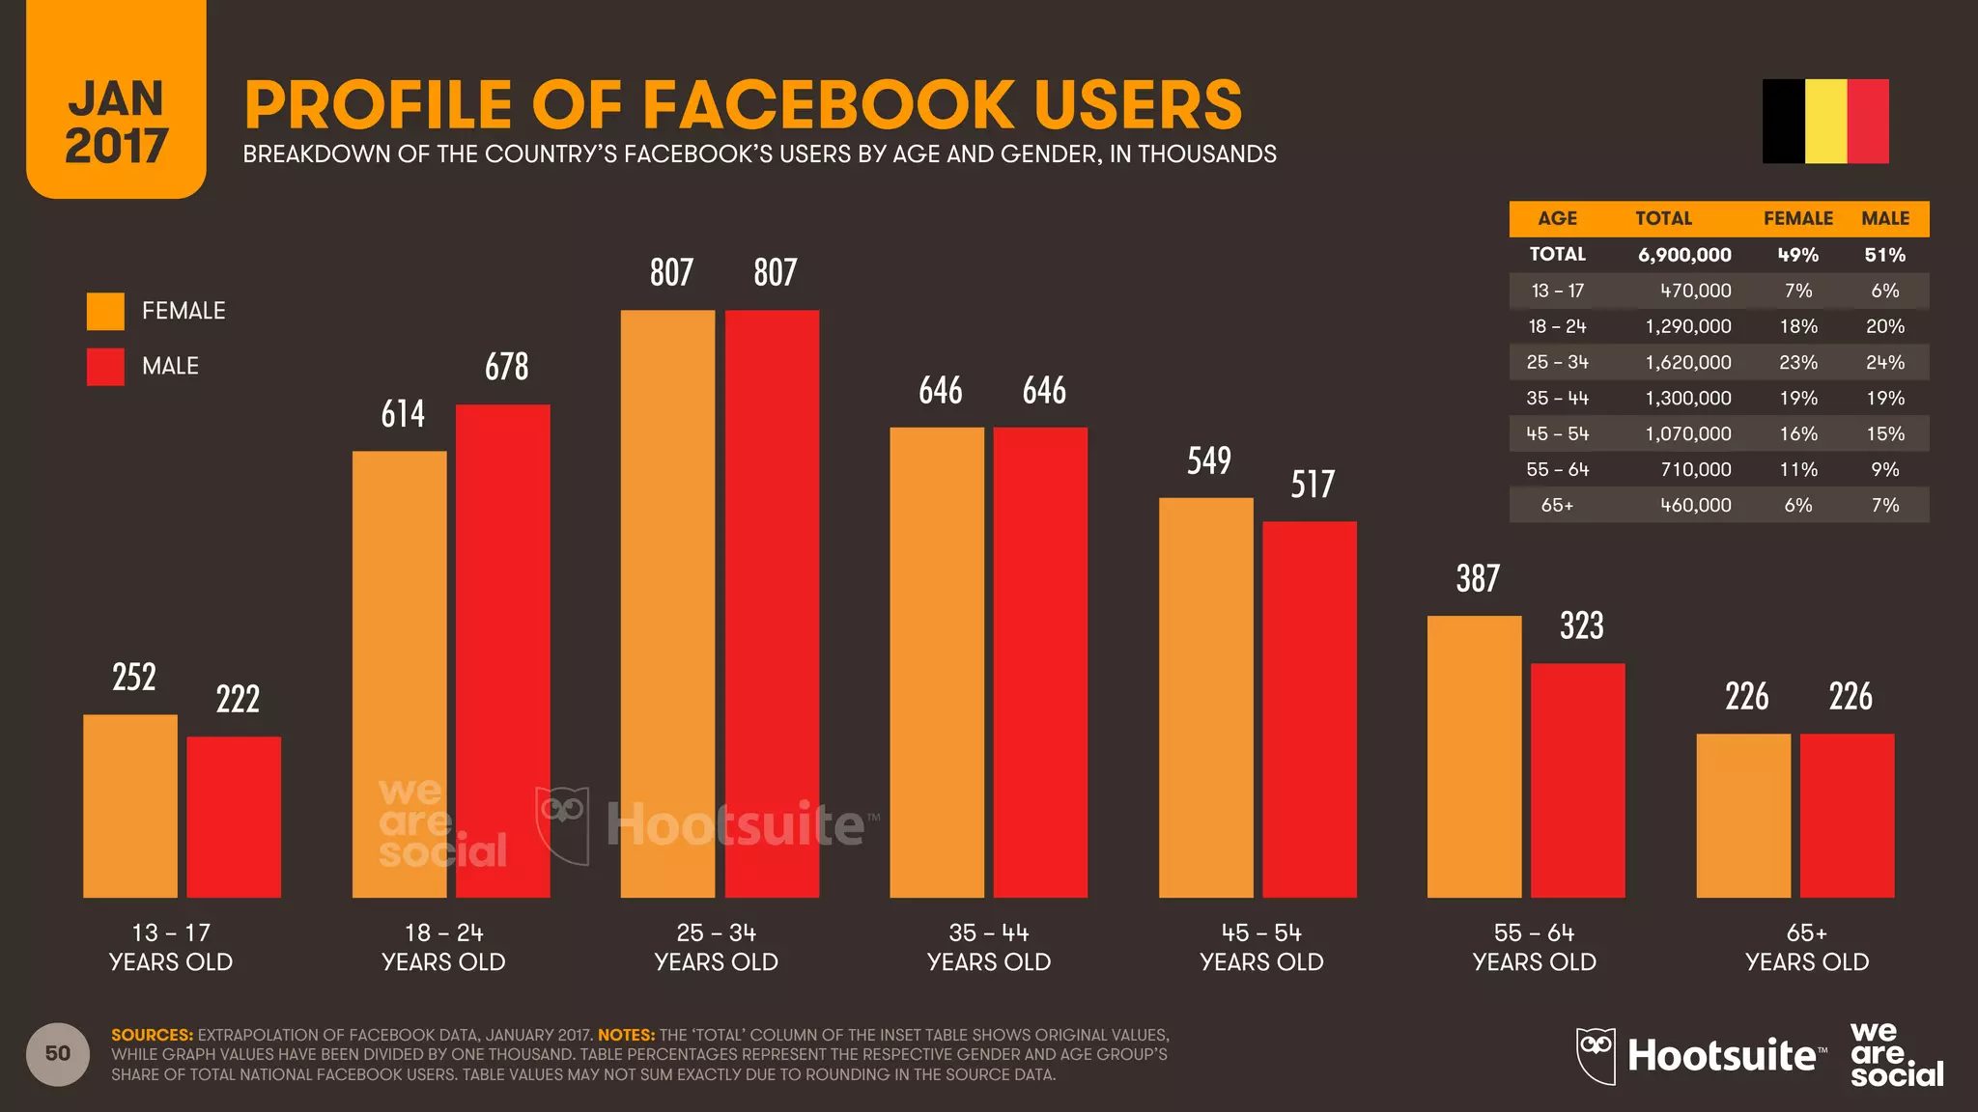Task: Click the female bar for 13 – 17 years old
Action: point(130,806)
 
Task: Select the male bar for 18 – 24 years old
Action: point(503,652)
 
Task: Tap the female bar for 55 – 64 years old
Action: point(1475,757)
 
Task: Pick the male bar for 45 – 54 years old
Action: point(1310,709)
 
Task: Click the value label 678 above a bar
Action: point(507,367)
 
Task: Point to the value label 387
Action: point(1478,579)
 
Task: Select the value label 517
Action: point(1313,485)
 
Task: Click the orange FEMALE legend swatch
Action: point(105,311)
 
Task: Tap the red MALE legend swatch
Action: point(105,367)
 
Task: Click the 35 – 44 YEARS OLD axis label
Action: point(989,947)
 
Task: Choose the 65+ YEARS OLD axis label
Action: point(1807,947)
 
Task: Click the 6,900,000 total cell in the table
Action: point(1684,255)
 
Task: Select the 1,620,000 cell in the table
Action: point(1688,363)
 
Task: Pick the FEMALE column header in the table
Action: point(1797,219)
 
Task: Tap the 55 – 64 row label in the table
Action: point(1557,470)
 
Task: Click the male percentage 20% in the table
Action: point(1884,327)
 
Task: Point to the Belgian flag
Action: point(1825,122)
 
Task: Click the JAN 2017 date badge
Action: point(116,121)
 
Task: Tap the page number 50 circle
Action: point(58,1054)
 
